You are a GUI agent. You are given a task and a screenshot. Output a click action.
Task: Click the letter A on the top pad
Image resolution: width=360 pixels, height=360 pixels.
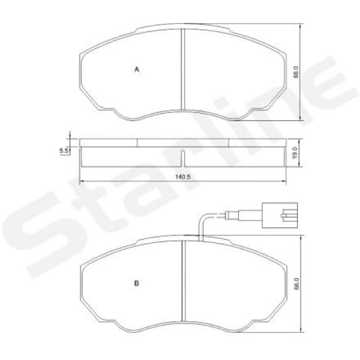pos(137,70)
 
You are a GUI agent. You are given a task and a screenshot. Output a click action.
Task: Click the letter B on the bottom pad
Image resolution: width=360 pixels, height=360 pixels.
pos(137,284)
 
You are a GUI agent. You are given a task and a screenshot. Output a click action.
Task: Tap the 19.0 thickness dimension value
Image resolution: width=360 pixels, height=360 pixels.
pos(295,152)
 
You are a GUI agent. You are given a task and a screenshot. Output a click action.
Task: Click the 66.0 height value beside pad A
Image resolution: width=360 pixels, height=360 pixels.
pos(295,73)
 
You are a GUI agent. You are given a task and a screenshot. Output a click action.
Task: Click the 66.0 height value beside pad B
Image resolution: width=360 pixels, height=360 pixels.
pos(295,285)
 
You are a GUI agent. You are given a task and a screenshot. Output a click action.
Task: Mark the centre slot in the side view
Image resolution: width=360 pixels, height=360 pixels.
pos(183,157)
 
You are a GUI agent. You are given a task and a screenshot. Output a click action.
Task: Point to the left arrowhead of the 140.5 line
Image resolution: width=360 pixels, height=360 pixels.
pos(82,181)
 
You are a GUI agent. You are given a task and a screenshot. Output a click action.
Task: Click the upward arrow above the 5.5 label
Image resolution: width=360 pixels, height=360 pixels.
pos(70,135)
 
